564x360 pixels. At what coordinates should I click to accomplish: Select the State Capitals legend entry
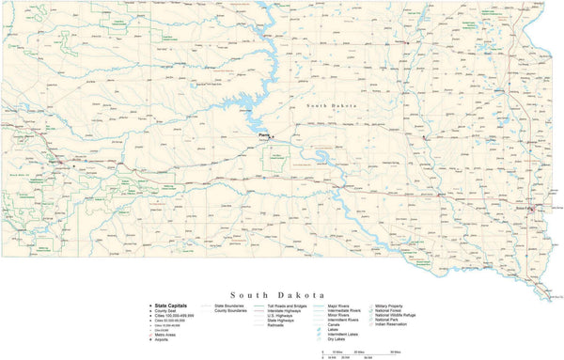coord(170,305)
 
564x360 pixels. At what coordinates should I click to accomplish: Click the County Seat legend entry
coord(167,311)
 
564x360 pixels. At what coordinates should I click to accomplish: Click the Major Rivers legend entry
coord(338,305)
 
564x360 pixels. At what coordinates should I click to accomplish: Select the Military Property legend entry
coord(394,305)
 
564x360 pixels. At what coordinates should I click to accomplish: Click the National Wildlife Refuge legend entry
coord(401,316)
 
